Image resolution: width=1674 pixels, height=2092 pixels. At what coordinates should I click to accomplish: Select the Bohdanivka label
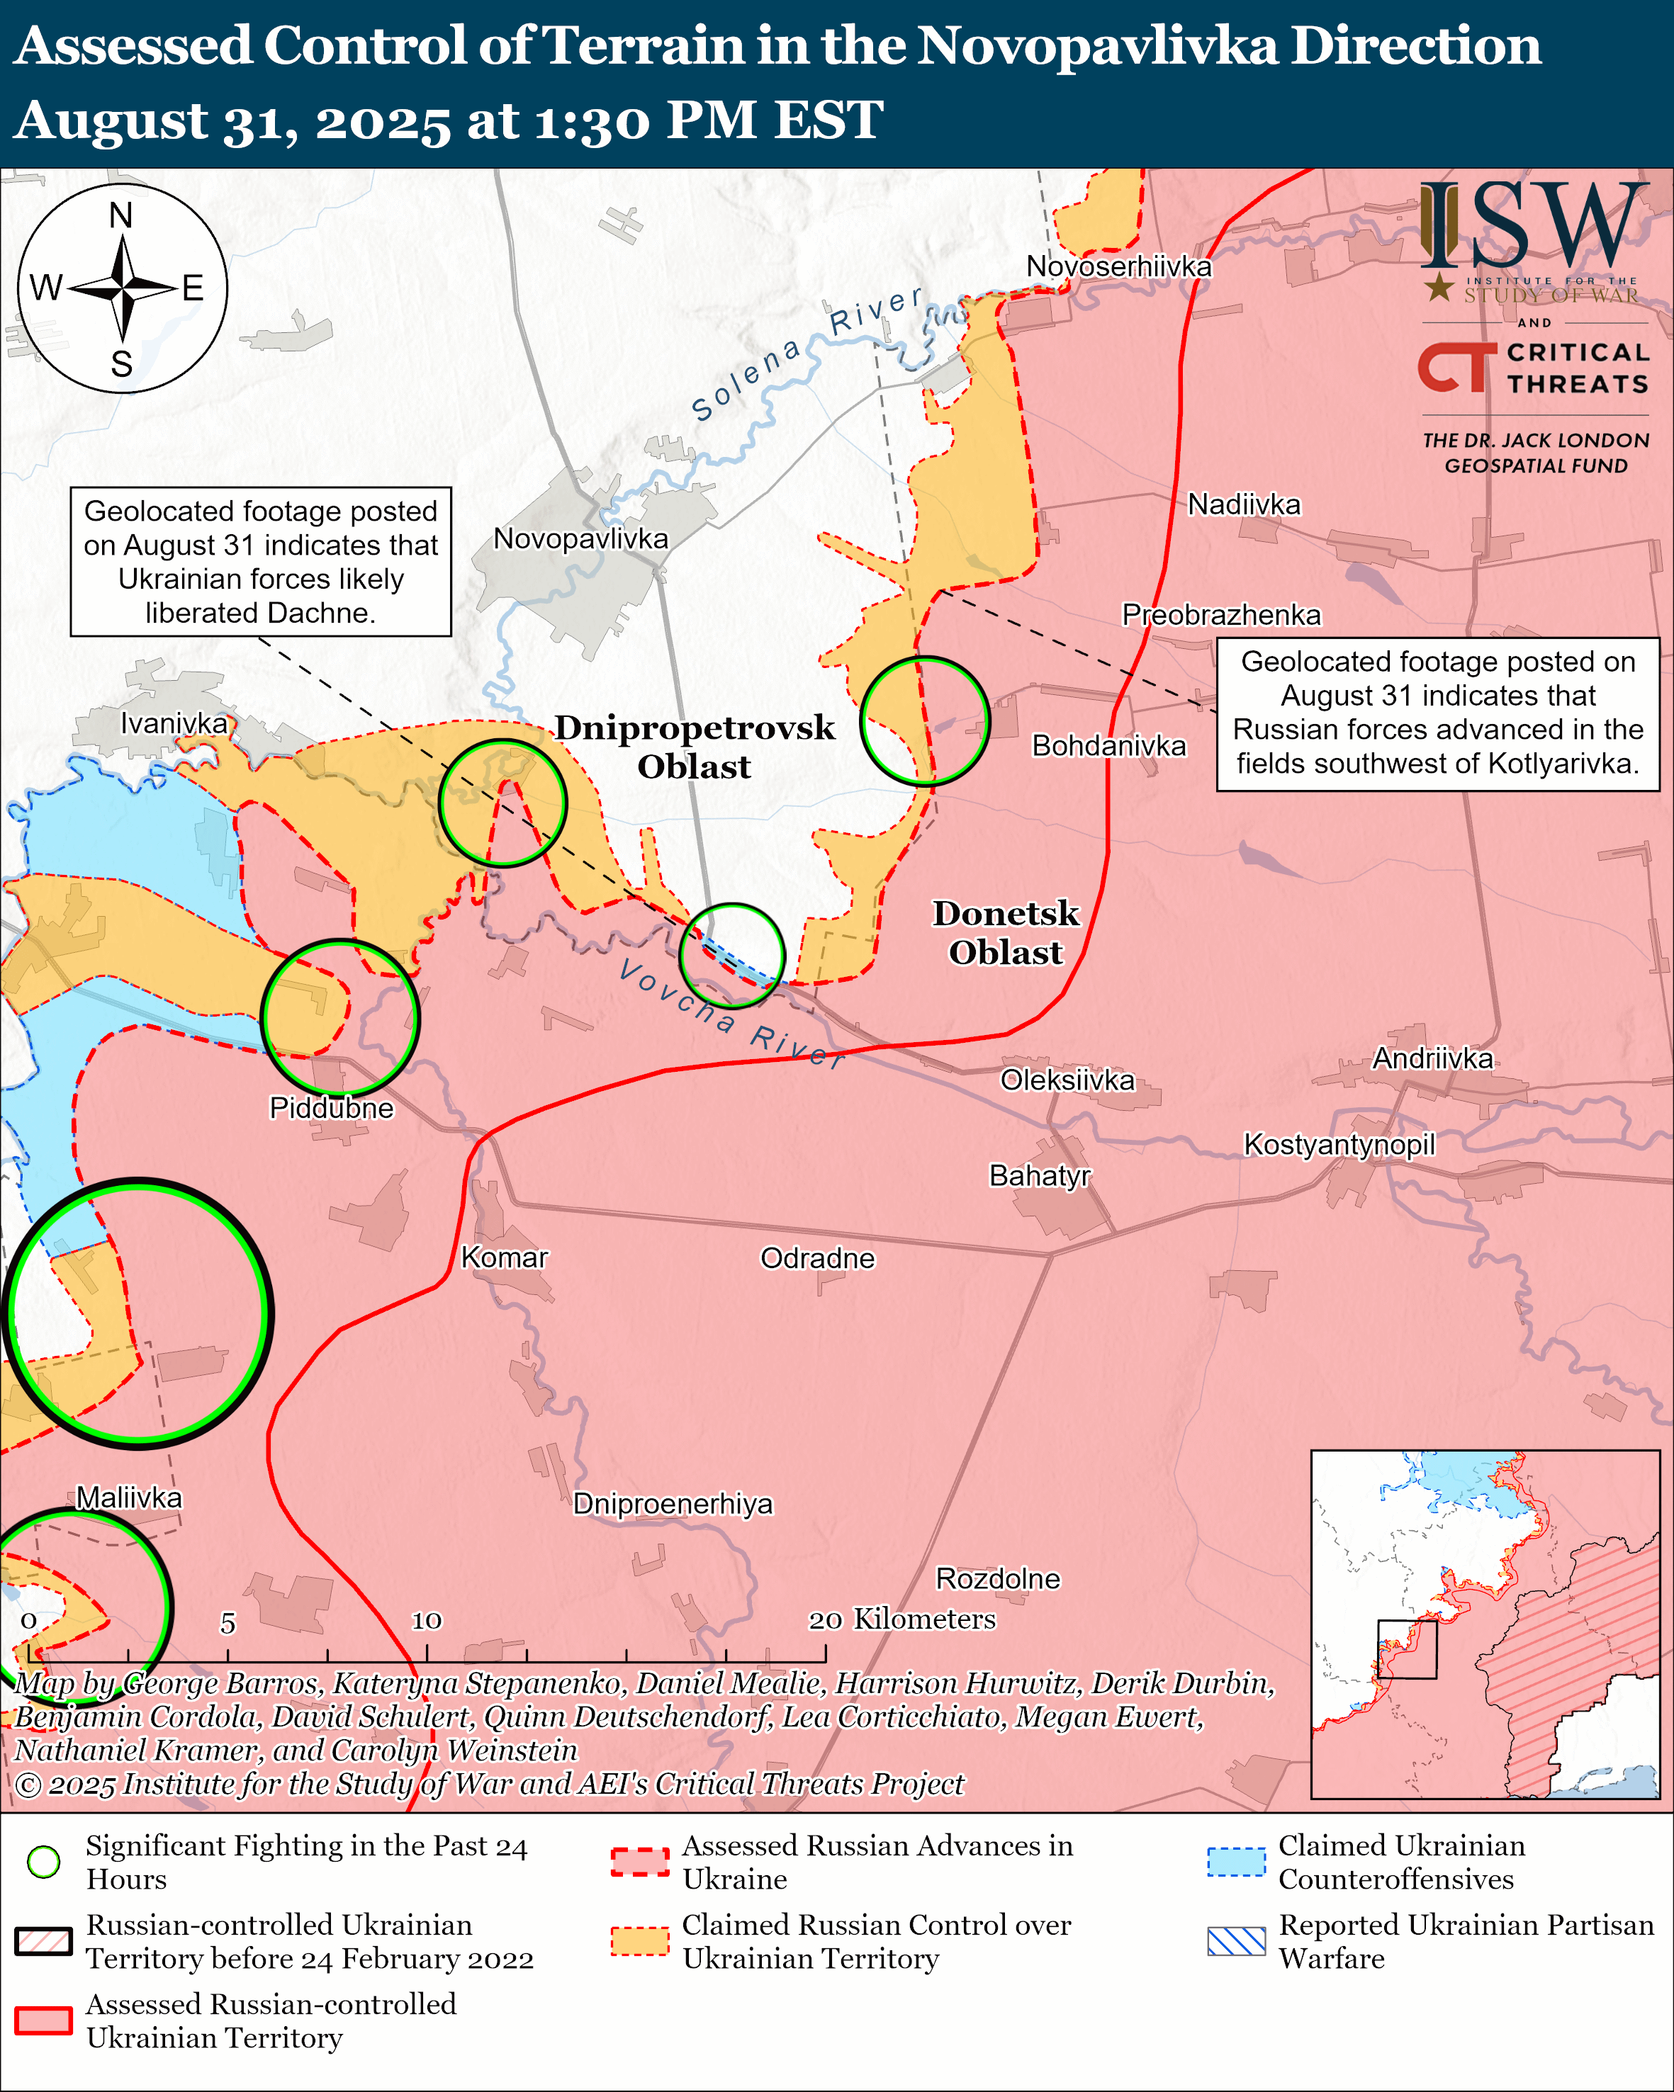point(1108,745)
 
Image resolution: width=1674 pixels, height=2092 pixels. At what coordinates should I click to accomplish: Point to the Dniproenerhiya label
point(673,1504)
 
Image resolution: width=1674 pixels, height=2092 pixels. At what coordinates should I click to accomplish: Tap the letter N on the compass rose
point(121,215)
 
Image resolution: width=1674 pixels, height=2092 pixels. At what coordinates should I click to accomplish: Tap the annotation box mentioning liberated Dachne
point(260,562)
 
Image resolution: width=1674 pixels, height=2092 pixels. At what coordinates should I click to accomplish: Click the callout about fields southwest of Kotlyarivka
point(1437,713)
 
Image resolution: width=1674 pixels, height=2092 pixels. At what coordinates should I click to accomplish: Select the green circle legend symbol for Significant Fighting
point(44,1861)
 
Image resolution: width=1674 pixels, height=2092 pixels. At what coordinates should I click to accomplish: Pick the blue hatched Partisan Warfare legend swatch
point(1235,1942)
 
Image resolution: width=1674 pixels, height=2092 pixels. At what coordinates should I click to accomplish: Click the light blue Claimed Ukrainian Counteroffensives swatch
point(1235,1862)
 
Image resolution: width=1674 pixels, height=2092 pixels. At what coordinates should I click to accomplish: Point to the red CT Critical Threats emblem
point(1456,367)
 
